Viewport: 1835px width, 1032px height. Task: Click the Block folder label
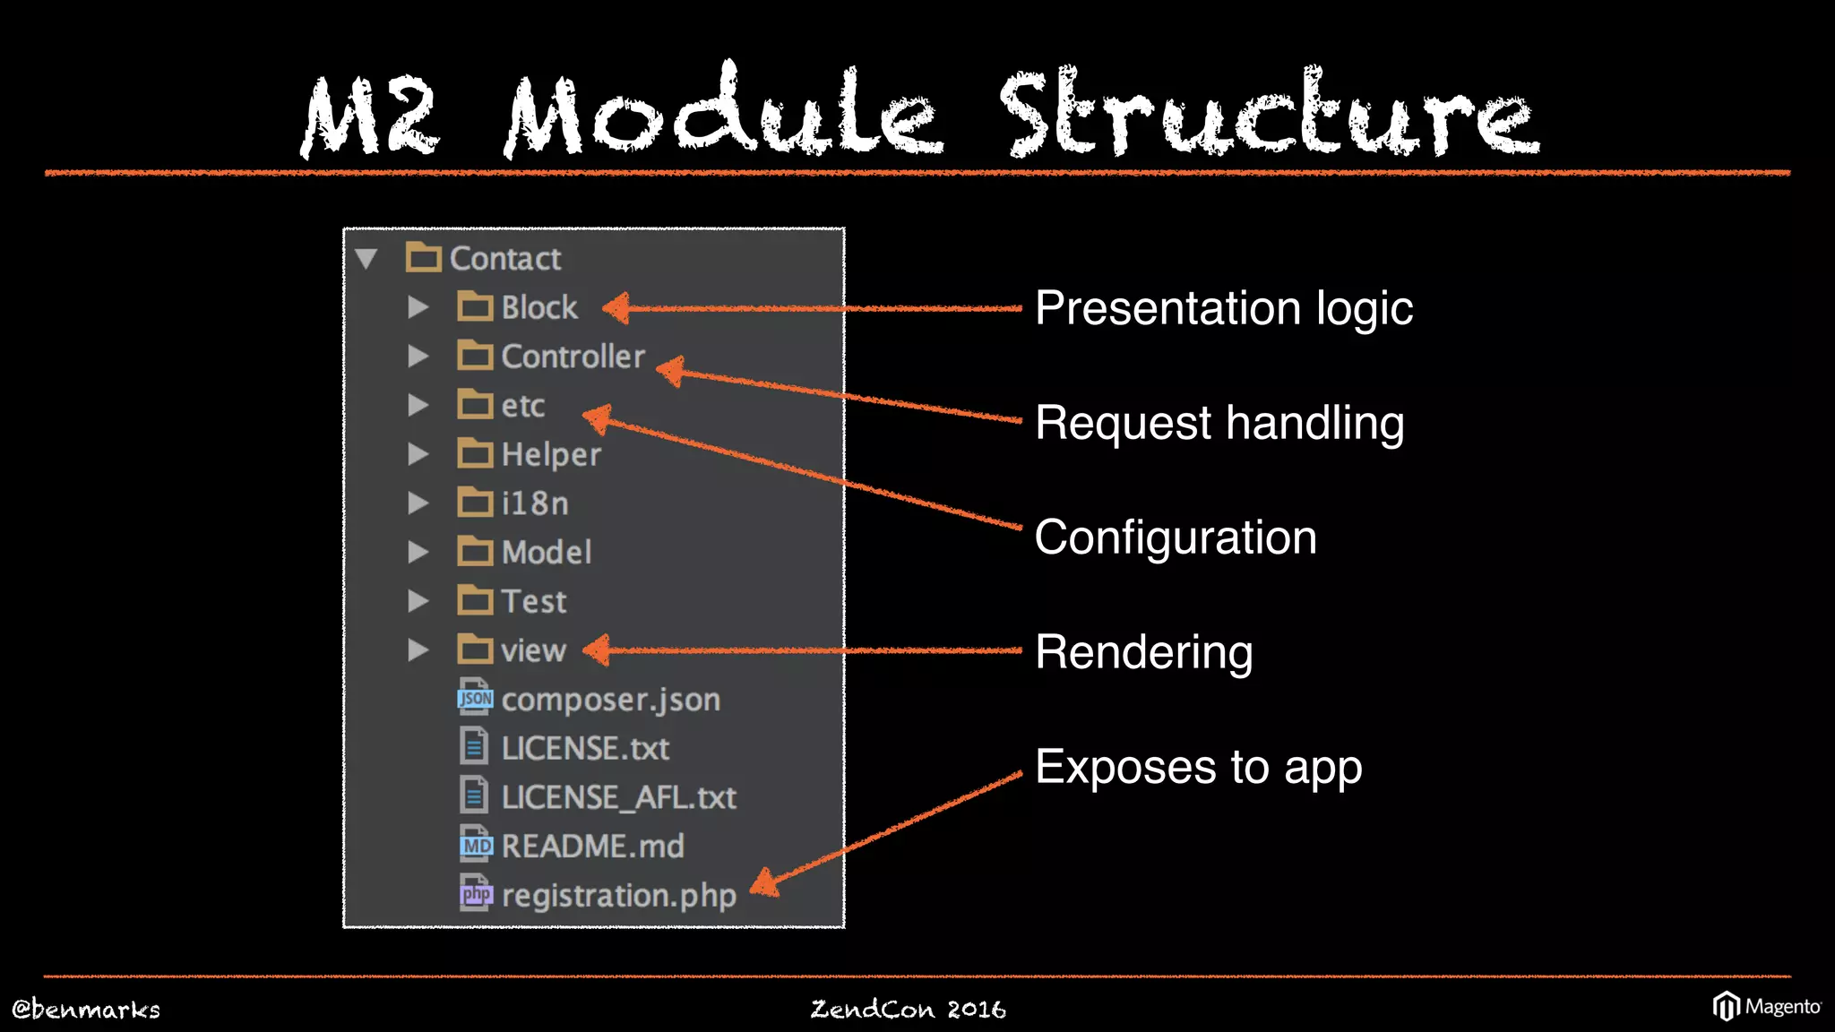click(539, 308)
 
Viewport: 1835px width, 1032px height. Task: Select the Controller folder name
click(573, 357)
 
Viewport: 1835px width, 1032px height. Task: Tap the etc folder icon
click(475, 405)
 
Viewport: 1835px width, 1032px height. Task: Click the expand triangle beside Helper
click(418, 454)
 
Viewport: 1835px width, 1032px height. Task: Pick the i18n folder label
click(535, 503)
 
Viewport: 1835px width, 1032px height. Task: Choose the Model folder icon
click(475, 552)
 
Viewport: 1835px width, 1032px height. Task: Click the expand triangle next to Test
click(418, 601)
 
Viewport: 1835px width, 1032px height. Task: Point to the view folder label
click(533, 650)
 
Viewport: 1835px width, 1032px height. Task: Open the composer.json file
click(610, 700)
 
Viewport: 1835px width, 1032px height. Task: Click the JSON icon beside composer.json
click(475, 698)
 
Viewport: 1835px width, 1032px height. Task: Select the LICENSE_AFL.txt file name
click(618, 797)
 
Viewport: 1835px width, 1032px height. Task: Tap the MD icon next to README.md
click(475, 845)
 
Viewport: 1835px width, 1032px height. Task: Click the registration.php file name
click(618, 895)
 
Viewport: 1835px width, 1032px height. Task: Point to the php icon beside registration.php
click(475, 893)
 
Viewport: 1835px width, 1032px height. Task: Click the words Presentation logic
click(1224, 309)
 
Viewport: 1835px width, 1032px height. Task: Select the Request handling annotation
click(1219, 423)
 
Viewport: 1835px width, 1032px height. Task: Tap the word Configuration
click(1176, 537)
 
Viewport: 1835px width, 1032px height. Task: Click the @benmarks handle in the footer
click(86, 1010)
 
